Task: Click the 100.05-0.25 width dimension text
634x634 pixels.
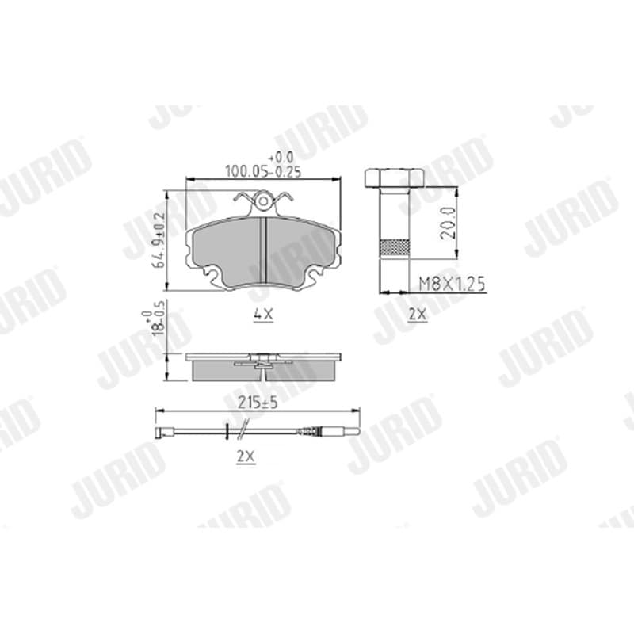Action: coord(263,171)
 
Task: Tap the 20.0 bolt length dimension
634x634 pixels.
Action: coord(448,223)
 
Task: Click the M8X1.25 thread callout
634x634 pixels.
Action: coord(452,284)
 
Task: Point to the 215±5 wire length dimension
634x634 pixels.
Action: coord(258,403)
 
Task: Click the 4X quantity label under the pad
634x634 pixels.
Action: coord(263,314)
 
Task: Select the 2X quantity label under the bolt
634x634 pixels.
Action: coord(418,314)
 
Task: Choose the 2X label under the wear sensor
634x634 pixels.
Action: coord(246,457)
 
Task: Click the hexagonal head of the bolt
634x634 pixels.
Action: coord(394,178)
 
